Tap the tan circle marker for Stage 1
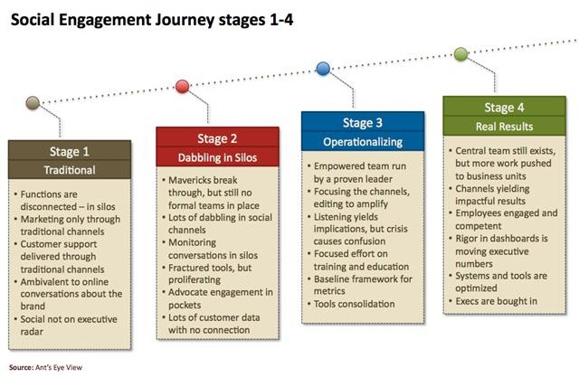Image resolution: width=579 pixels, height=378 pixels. (33, 102)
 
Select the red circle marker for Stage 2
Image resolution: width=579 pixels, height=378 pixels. (183, 87)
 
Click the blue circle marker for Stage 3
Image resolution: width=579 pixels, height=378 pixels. (323, 69)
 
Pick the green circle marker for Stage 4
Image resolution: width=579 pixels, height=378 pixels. (460, 53)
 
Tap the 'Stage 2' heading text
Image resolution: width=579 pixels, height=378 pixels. (217, 138)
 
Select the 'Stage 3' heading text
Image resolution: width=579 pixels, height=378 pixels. (362, 124)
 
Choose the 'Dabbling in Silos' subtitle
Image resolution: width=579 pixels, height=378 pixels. (217, 156)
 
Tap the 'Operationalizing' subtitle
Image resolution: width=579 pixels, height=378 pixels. (362, 142)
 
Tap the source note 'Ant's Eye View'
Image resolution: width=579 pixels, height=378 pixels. (52, 368)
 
